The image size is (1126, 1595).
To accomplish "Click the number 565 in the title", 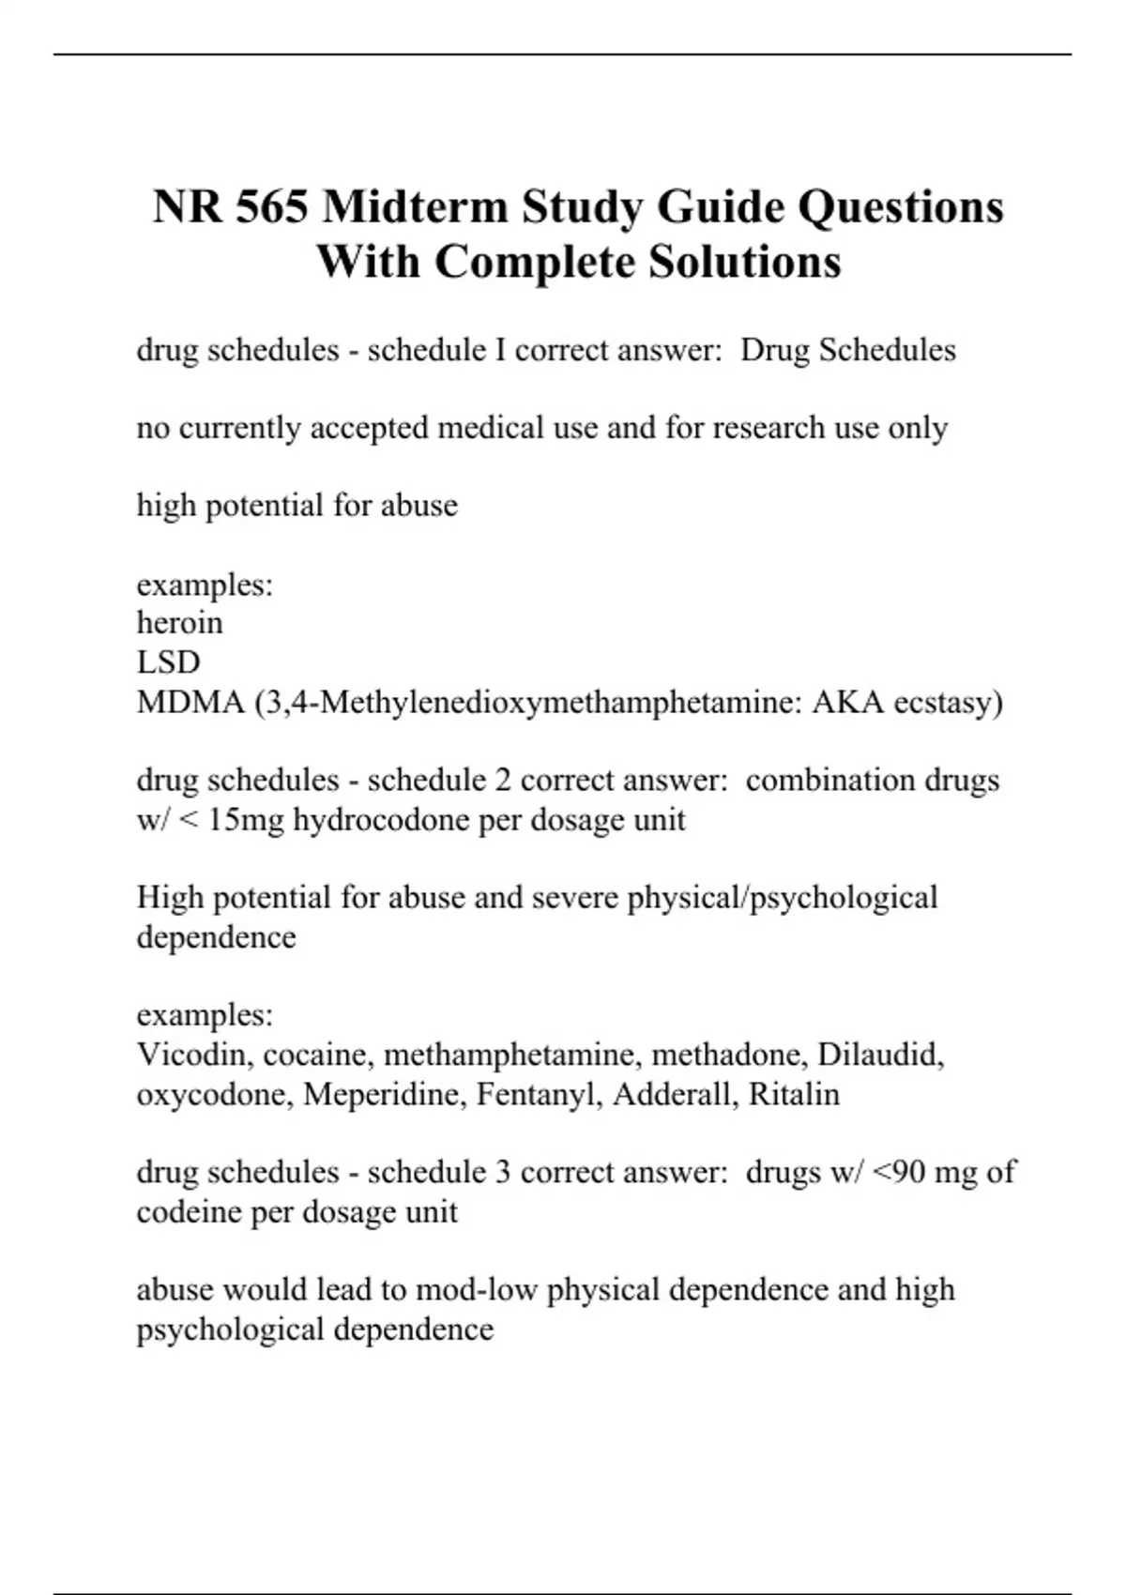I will [x=271, y=207].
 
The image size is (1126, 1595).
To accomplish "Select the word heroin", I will [x=179, y=623].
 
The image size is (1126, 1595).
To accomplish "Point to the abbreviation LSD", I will [x=168, y=662].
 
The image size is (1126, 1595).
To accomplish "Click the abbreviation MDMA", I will [x=190, y=702].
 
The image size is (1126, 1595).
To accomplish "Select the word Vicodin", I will [x=194, y=1055].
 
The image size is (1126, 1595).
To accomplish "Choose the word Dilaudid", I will [x=880, y=1055].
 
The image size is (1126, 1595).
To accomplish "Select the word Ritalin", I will [x=794, y=1094].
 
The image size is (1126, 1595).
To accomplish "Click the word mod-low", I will [x=476, y=1290].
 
